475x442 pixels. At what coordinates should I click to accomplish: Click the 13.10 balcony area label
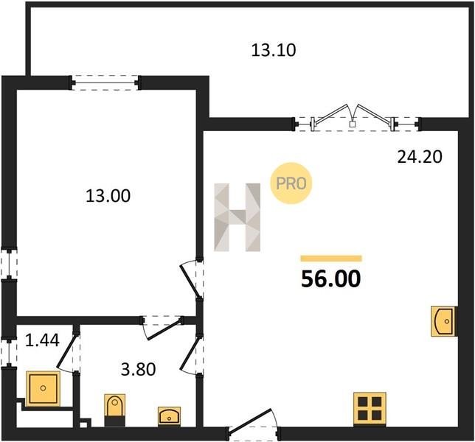[273, 50]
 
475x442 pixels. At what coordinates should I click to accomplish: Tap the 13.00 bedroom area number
[108, 195]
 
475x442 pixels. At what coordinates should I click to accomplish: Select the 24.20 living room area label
[420, 157]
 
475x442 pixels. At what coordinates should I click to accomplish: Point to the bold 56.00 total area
[330, 278]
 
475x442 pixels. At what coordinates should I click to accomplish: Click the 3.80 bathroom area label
[138, 369]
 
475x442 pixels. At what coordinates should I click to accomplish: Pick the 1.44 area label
[42, 340]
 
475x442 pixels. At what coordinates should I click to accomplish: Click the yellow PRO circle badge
[291, 183]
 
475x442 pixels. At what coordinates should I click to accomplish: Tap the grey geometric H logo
[237, 217]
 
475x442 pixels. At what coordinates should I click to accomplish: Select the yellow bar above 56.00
[331, 258]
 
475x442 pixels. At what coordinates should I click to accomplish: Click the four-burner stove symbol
[370, 409]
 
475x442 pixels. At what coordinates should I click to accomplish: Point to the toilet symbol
[115, 410]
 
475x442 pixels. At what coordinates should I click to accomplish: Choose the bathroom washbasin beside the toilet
[170, 417]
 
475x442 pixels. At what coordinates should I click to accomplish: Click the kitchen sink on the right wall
[443, 321]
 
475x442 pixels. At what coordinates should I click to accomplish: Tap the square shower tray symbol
[43, 389]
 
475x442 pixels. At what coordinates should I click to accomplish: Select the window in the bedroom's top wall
[105, 83]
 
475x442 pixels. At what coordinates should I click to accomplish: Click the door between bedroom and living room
[192, 281]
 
